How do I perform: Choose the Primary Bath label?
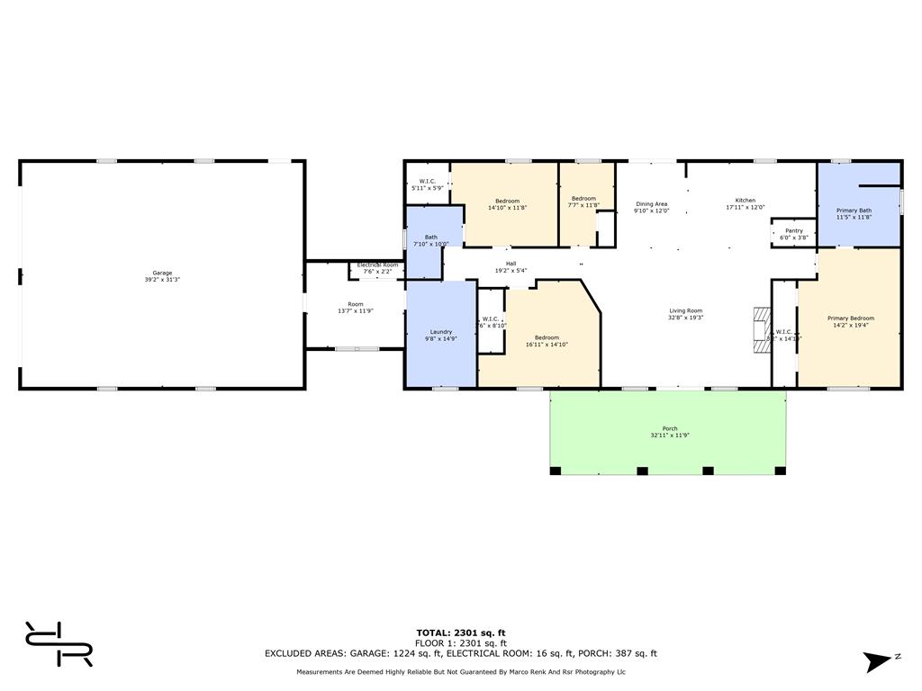tap(854, 213)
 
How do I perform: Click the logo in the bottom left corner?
tap(59, 643)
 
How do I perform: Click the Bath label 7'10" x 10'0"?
tap(430, 240)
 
